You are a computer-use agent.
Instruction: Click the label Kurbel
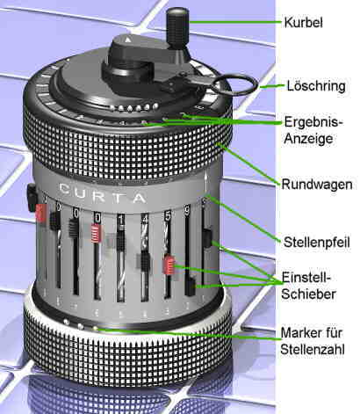pyautogui.click(x=303, y=22)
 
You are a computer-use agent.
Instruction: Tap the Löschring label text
pyautogui.click(x=316, y=86)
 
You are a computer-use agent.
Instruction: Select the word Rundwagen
pyautogui.click(x=317, y=185)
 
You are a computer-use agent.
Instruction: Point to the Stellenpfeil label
pyautogui.click(x=317, y=243)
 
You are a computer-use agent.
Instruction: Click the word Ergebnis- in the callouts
pyautogui.click(x=313, y=122)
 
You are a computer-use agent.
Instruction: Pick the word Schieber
pyautogui.click(x=308, y=294)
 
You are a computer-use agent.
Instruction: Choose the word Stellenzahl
pyautogui.click(x=313, y=349)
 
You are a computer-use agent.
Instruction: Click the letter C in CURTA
pyautogui.click(x=65, y=189)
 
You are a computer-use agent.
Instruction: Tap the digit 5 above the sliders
pyautogui.click(x=168, y=216)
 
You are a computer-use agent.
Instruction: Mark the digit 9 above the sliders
pyautogui.click(x=187, y=212)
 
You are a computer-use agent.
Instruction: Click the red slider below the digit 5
pyautogui.click(x=169, y=265)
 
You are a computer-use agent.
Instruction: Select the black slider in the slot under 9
pyautogui.click(x=191, y=286)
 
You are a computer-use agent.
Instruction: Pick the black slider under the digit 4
pyautogui.click(x=144, y=261)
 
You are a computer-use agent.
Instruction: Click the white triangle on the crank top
pyautogui.click(x=128, y=40)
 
